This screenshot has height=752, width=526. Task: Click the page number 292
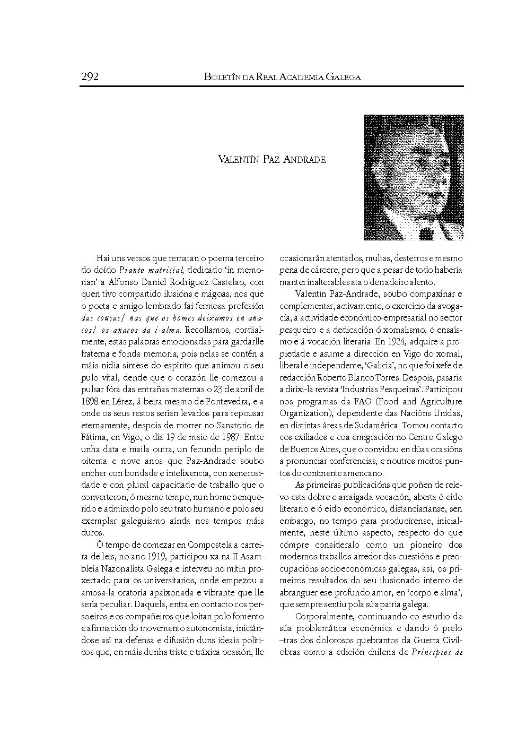coord(90,77)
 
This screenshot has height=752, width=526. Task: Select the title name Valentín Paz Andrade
coord(271,160)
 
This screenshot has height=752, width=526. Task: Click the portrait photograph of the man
coord(414,178)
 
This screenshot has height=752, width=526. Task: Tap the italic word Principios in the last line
coord(430,652)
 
